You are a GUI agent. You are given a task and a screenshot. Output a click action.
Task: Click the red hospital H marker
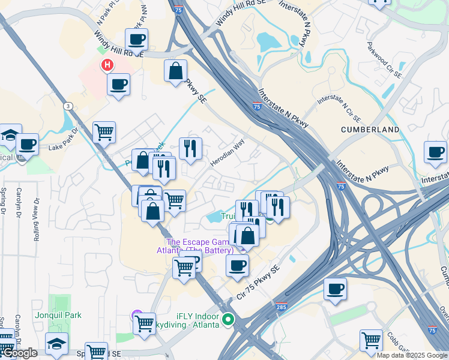tap(107, 65)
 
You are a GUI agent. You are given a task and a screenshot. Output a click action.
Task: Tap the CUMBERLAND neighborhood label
tap(370, 130)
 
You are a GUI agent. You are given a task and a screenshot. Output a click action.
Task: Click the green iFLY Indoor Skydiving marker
tap(228, 320)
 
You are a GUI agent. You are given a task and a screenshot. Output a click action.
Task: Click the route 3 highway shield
tap(69, 106)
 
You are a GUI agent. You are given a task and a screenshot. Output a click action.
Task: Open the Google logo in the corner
tap(19, 353)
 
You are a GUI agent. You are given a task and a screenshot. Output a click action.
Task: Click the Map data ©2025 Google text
tap(412, 355)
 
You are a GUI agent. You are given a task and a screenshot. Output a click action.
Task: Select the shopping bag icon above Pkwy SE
tap(175, 71)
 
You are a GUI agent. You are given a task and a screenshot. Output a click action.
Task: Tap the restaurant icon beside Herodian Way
tap(190, 148)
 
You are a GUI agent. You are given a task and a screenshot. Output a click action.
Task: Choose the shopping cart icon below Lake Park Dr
tap(104, 131)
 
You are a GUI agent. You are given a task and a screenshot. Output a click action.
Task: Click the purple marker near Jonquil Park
tap(136, 313)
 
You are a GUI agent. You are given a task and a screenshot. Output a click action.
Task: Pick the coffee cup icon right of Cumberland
tap(435, 152)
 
